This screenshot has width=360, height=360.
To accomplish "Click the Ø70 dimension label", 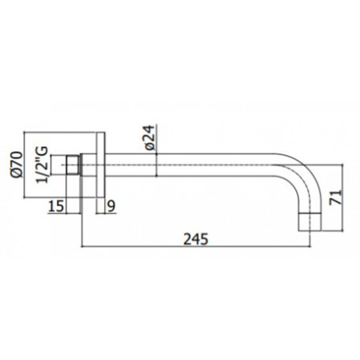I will pyautogui.click(x=34, y=166).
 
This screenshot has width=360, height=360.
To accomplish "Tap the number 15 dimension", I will pyautogui.click(x=55, y=207).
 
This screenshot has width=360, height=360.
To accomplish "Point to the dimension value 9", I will pyautogui.click(x=112, y=207).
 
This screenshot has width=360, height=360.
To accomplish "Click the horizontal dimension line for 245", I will pyautogui.click(x=240, y=249).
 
